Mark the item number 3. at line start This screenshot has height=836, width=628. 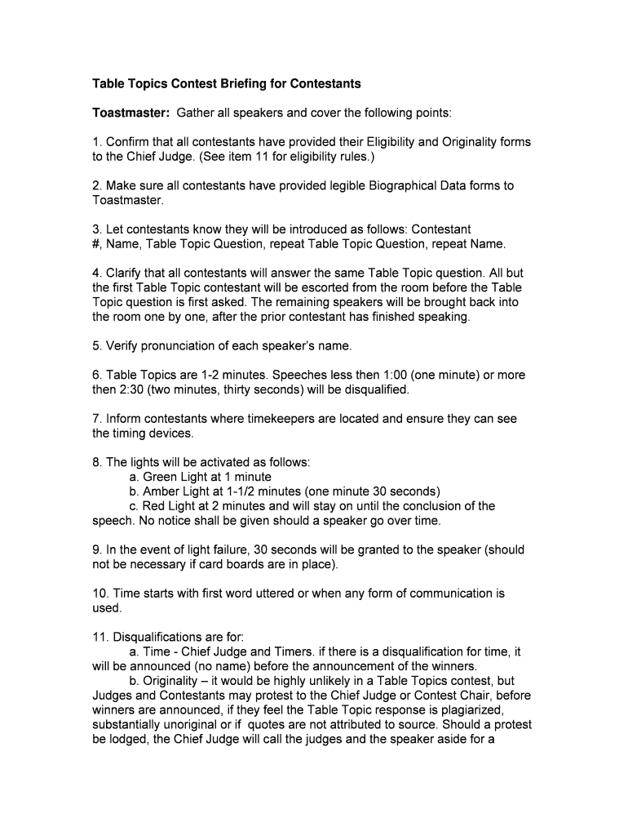(x=97, y=229)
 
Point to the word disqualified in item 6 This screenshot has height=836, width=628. (x=372, y=389)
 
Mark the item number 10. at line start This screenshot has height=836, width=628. (x=100, y=594)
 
